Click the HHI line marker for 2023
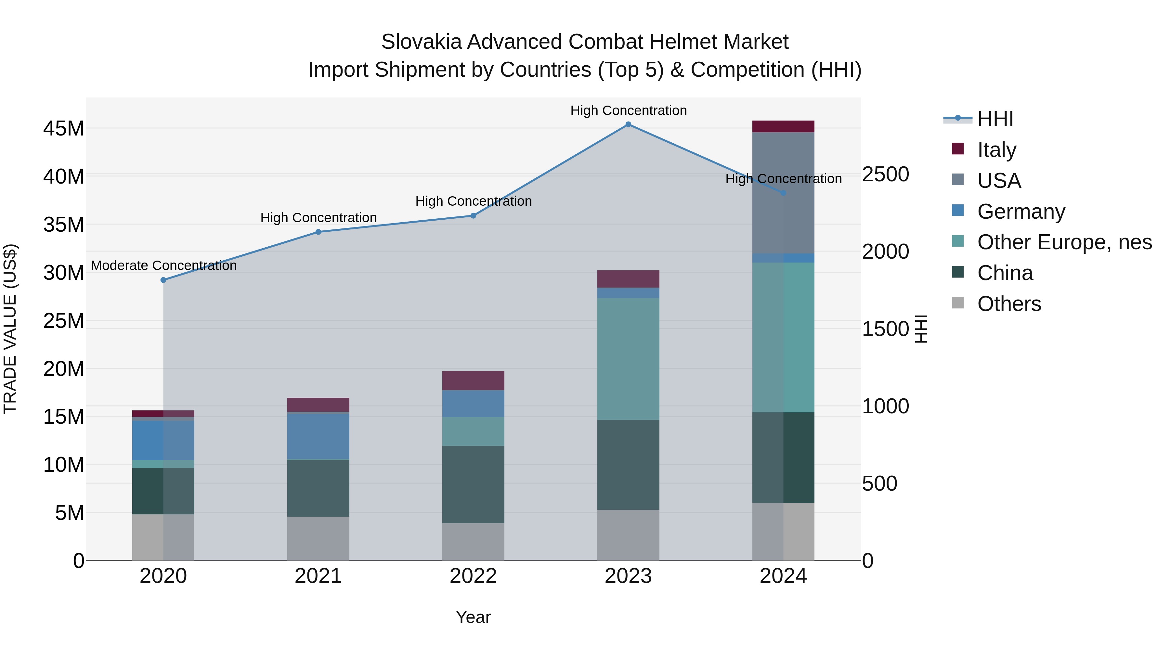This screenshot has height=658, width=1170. (x=628, y=124)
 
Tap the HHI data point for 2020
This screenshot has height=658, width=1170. (x=163, y=280)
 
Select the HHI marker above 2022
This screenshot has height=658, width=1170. (x=473, y=216)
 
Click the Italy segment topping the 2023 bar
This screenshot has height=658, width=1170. (x=628, y=279)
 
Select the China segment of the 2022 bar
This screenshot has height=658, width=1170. (x=473, y=484)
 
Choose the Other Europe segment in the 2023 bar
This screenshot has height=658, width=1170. (x=628, y=359)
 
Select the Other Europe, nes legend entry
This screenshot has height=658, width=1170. (x=1064, y=242)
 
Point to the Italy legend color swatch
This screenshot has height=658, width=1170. (x=957, y=149)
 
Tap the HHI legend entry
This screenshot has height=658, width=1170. (x=995, y=119)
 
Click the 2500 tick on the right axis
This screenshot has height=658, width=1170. (x=886, y=174)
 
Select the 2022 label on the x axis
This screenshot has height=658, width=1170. (x=473, y=576)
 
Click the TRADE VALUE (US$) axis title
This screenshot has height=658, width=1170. (x=10, y=329)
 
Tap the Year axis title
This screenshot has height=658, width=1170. (x=473, y=617)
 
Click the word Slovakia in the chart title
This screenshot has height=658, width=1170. (x=421, y=42)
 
